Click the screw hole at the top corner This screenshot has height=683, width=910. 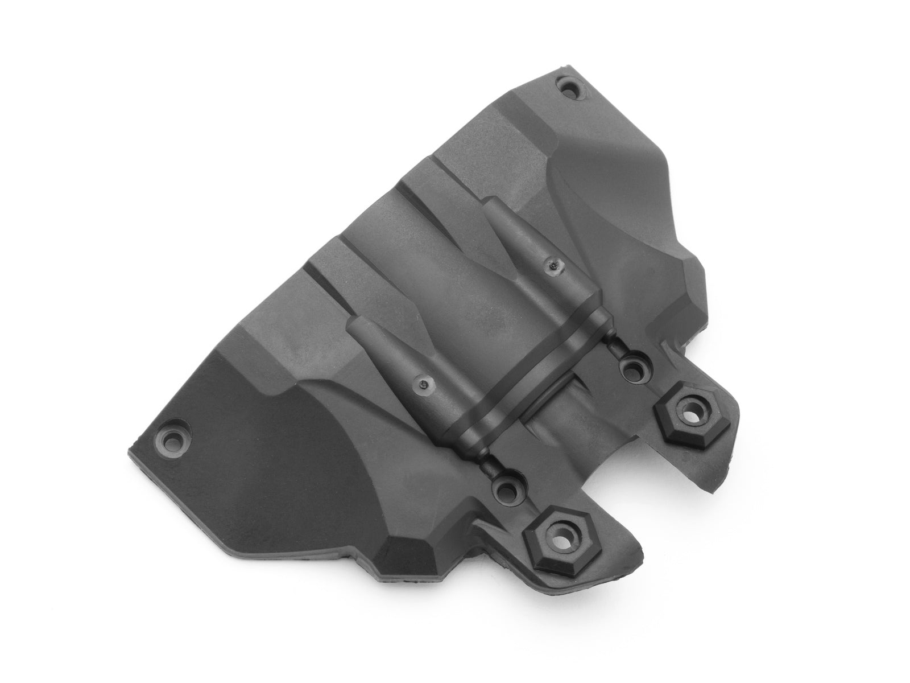[570, 89]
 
